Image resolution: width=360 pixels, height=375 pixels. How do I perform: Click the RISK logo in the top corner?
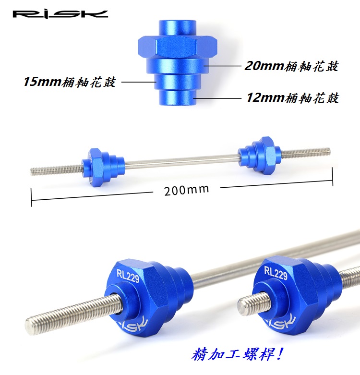(60, 14)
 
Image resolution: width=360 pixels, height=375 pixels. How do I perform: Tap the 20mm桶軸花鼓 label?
(291, 66)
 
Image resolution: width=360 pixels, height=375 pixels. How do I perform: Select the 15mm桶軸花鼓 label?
(70, 82)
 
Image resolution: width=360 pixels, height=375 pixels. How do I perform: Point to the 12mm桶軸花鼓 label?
(293, 97)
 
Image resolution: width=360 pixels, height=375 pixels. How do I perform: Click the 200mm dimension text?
(186, 190)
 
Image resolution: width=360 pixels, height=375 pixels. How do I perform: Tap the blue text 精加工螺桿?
(238, 354)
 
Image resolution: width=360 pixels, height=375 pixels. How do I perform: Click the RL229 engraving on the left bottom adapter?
(128, 276)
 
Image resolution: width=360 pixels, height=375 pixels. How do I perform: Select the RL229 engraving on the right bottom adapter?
(276, 273)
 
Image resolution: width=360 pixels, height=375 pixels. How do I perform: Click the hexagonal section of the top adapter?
(178, 47)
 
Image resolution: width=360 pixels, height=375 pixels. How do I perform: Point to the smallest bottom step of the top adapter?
(177, 97)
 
